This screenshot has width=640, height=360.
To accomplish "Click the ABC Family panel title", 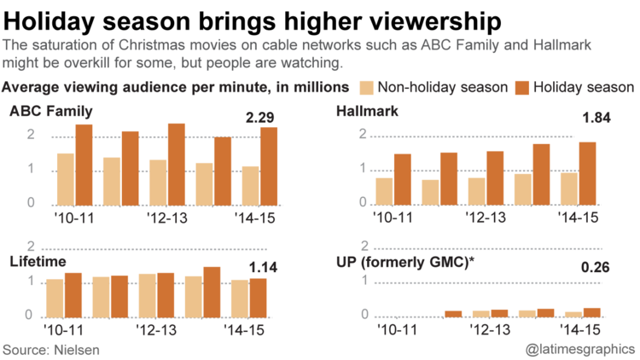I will pos(51,112).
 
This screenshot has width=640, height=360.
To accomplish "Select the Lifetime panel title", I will pos(38,260).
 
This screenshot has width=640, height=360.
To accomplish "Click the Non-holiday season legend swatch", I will pos(366,87).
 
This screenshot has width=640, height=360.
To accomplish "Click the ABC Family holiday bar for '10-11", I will pos(84,165).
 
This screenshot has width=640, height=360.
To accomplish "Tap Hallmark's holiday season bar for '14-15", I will pos(588,173).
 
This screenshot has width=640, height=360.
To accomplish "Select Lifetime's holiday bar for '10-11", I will pos(73,293).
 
